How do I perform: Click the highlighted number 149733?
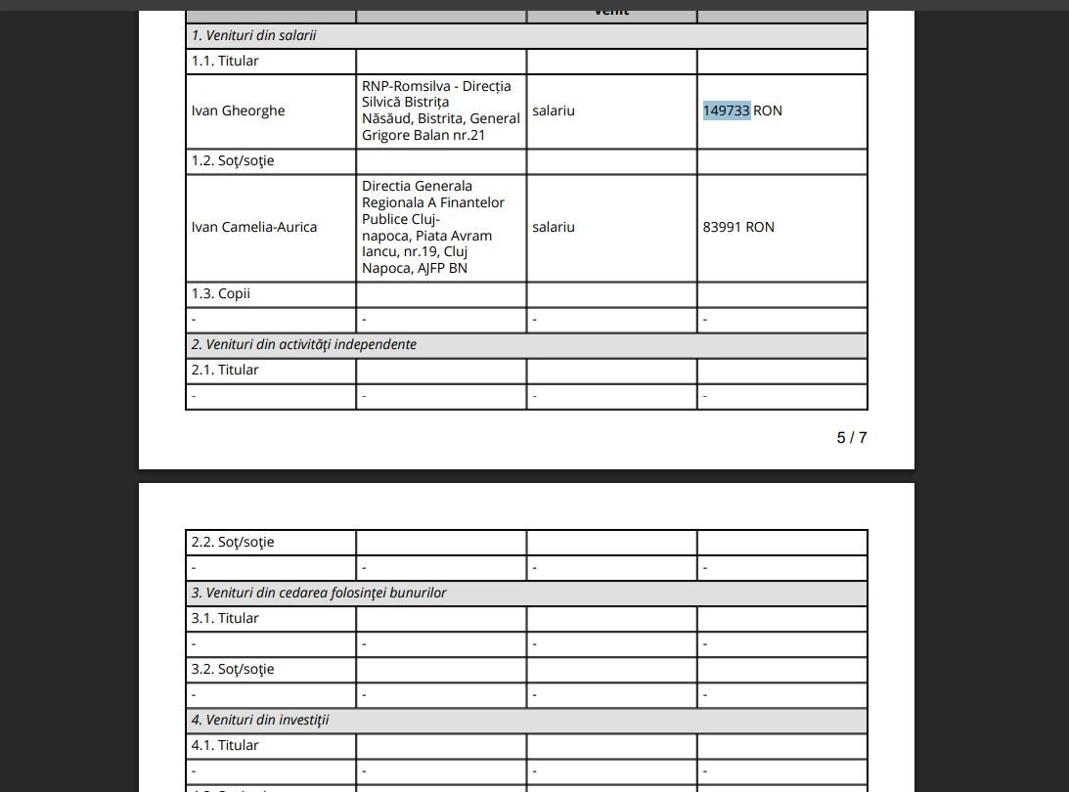coord(726,110)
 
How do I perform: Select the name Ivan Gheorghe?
coord(238,110)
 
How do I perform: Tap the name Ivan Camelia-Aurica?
coord(254,227)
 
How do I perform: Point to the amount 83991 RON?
coord(738,227)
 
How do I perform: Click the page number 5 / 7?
coord(851,437)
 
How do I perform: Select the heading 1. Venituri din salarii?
coord(253,35)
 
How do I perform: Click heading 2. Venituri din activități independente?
coord(303,344)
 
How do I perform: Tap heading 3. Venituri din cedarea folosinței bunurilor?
coord(319,593)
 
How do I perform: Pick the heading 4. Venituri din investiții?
coord(260,720)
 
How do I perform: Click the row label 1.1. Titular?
coord(225,61)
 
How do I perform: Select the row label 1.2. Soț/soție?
coord(233,160)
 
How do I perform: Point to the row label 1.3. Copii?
coord(221,293)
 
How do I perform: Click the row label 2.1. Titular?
coord(225,370)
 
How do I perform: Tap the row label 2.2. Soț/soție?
coord(233,542)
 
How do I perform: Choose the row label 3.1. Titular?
coord(225,618)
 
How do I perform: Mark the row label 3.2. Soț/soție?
coord(233,669)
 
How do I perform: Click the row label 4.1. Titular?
coord(225,745)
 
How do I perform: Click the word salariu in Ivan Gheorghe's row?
coord(554,110)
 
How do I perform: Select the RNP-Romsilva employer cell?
coord(440,110)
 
